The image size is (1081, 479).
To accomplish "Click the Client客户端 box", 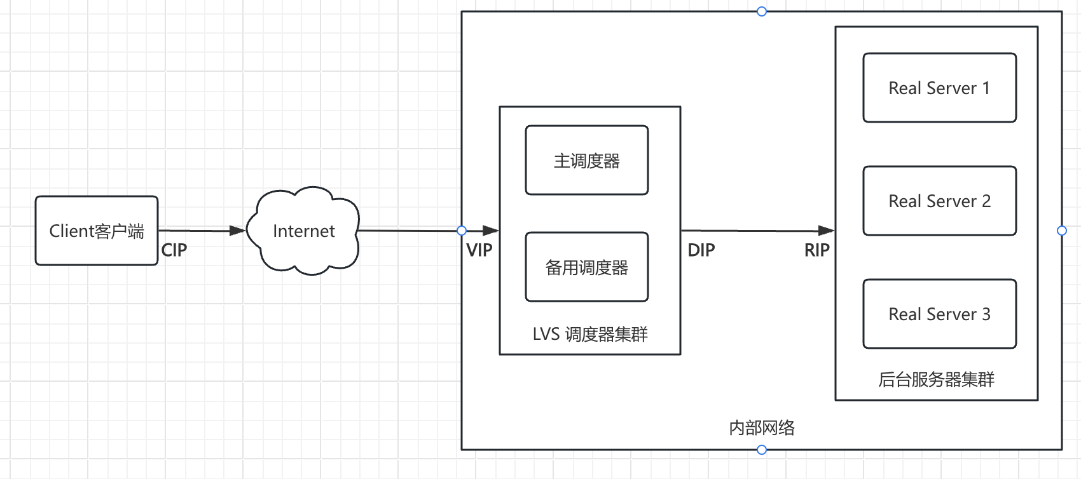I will pyautogui.click(x=97, y=231).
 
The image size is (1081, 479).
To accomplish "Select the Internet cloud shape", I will pyautogui.click(x=303, y=231).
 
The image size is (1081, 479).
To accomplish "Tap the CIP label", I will pyautogui.click(x=174, y=250).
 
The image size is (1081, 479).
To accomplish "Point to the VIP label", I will pyautogui.click(x=479, y=250).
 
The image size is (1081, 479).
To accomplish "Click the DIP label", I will pyautogui.click(x=701, y=250).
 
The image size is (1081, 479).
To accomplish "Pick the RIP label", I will pyautogui.click(x=817, y=250).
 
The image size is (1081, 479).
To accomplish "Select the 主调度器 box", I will pyautogui.click(x=587, y=161).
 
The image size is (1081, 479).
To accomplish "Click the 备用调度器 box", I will pyautogui.click(x=587, y=267).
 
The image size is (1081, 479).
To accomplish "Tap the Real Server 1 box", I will pyautogui.click(x=939, y=88).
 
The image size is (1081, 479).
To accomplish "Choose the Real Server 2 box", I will pyautogui.click(x=939, y=201).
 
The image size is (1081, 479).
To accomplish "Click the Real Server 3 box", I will pyautogui.click(x=939, y=314).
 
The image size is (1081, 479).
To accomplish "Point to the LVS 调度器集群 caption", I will pyautogui.click(x=590, y=334).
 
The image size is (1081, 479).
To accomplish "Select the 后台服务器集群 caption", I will pyautogui.click(x=936, y=380).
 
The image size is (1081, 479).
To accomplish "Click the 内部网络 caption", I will pyautogui.click(x=762, y=428).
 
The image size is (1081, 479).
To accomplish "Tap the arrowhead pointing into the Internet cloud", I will pyautogui.click(x=237, y=231).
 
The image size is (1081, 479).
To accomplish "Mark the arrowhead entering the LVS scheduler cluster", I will pyautogui.click(x=490, y=231).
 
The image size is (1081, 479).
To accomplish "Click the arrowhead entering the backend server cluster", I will pyautogui.click(x=826, y=231).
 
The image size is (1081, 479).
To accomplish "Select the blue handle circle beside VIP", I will pyautogui.click(x=462, y=231).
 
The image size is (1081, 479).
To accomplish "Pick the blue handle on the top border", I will pyautogui.click(x=762, y=11).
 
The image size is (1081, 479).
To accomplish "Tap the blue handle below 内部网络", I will pyautogui.click(x=762, y=450).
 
